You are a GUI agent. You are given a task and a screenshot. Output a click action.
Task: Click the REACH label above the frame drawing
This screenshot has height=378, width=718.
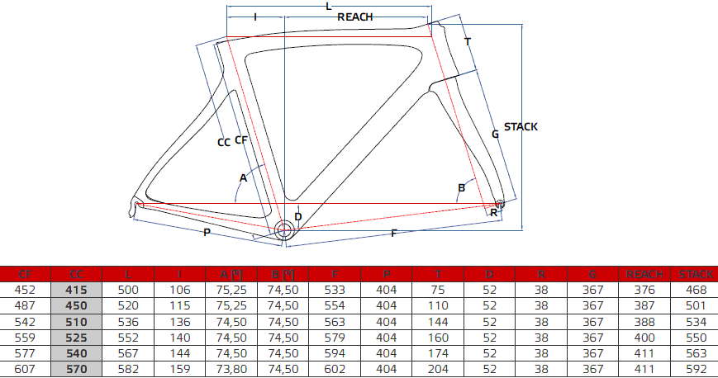[354, 17]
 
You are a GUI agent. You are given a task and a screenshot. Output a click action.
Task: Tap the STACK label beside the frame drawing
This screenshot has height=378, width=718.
[521, 126]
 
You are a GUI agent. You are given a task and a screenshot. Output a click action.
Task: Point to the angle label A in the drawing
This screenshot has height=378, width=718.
[243, 177]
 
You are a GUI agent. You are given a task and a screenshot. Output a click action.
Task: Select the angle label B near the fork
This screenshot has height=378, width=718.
[462, 188]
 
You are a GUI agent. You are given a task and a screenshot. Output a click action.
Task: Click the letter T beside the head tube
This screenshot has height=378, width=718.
[468, 41]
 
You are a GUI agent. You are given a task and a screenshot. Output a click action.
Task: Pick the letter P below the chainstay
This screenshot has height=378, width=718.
[206, 233]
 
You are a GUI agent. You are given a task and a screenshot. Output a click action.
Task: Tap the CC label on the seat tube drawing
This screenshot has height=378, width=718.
[223, 142]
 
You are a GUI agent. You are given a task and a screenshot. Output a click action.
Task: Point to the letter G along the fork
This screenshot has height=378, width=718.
[495, 133]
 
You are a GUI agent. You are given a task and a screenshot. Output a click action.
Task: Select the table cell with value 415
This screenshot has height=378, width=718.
[76, 290]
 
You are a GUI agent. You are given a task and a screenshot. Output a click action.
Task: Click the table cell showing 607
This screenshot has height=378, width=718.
[25, 368]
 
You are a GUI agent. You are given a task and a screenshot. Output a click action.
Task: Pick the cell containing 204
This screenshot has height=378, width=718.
[438, 368]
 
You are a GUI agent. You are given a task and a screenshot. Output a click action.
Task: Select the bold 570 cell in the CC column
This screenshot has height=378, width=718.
[76, 368]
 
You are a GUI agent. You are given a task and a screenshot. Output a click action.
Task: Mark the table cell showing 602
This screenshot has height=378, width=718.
[335, 368]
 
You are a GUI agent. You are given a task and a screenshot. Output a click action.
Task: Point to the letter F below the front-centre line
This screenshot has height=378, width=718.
[393, 234]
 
